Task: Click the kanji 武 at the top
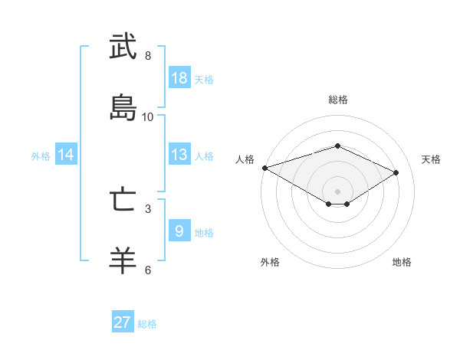coord(123,47)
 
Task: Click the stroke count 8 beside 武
coord(148,56)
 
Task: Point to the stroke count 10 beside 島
coord(148,117)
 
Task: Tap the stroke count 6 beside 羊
coord(148,270)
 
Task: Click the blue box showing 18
coord(179,78)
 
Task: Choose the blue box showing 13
coord(179,155)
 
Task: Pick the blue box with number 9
coord(179,231)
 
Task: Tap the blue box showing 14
coord(66,155)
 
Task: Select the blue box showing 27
coord(123,322)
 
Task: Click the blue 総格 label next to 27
coord(147,324)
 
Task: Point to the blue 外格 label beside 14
coord(41,156)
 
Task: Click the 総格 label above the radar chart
coord(337,100)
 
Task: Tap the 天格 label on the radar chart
coord(431,159)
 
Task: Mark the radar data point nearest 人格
coord(264,167)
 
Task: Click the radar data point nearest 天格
coord(396,172)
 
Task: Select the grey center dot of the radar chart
coord(337,191)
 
